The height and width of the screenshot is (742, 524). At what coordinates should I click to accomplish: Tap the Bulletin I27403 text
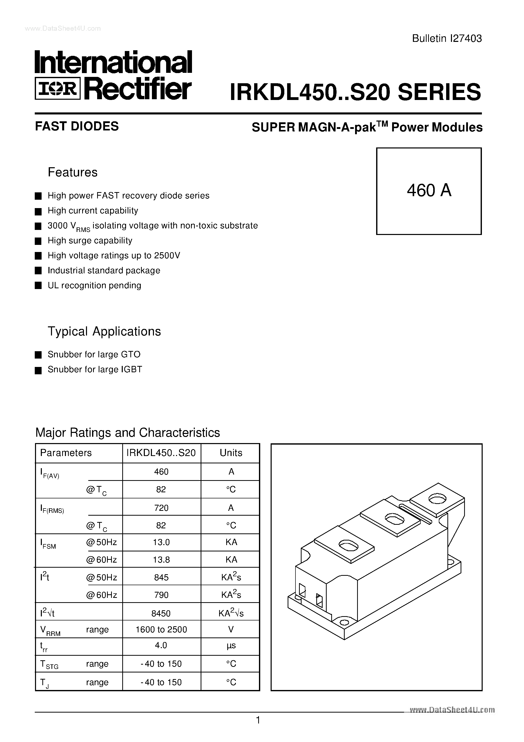(447, 39)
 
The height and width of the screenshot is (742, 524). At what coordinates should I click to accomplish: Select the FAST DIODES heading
(77, 126)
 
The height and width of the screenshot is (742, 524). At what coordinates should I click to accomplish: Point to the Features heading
(73, 172)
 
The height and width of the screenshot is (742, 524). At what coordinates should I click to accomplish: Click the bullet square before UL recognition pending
(38, 286)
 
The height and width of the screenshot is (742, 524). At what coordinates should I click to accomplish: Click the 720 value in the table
(161, 508)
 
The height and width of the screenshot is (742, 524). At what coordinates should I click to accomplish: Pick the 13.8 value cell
(161, 560)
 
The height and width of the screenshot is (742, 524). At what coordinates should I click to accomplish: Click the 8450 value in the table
(161, 613)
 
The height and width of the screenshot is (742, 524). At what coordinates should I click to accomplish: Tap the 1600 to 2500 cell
(161, 630)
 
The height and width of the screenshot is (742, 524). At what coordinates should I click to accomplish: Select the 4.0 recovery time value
(161, 645)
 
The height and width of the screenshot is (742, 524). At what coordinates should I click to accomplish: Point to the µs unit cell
(231, 646)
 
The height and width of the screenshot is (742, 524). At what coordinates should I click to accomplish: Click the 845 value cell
(161, 578)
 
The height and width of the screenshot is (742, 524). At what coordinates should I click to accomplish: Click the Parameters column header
(66, 453)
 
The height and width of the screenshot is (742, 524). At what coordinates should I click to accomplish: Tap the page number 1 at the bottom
(258, 720)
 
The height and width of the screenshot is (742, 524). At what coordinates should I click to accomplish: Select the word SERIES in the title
(439, 92)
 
